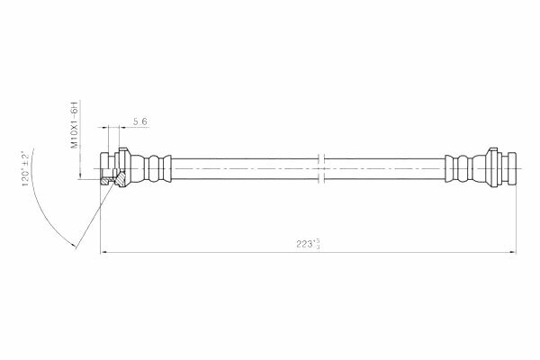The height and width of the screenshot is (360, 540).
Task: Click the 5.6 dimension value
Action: (140, 121)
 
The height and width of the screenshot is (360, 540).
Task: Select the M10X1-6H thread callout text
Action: (75, 125)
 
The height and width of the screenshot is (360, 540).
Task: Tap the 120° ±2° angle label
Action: (26, 169)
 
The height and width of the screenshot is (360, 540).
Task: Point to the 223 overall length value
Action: (304, 244)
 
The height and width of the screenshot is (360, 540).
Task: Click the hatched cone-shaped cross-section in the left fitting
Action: (121, 179)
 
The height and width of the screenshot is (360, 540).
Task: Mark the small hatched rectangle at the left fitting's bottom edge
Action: (104, 181)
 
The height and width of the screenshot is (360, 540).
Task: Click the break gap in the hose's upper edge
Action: (321, 158)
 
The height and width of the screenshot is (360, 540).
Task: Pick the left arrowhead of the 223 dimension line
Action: (103, 253)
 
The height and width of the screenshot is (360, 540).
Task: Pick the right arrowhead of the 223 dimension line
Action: (512, 253)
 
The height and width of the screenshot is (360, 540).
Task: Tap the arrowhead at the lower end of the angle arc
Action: (74, 246)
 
